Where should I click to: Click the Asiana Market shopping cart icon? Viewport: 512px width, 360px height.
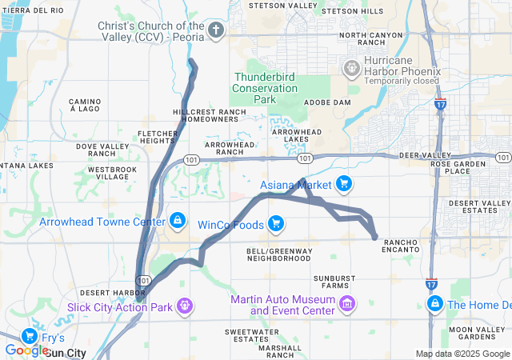click(344, 185)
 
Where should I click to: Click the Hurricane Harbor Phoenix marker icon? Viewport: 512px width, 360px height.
click(351, 68)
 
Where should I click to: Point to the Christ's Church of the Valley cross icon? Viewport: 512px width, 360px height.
click(215, 31)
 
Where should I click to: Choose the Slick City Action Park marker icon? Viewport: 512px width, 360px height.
click(185, 305)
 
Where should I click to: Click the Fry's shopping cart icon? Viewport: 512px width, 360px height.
click(30, 336)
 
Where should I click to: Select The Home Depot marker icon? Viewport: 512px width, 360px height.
click(435, 304)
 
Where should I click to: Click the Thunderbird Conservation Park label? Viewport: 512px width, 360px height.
click(265, 88)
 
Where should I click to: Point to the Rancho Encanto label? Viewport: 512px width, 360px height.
click(402, 245)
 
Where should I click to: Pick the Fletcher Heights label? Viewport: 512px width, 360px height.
click(157, 137)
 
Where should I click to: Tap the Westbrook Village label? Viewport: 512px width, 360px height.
click(113, 174)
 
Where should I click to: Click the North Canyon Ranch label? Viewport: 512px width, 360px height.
click(371, 39)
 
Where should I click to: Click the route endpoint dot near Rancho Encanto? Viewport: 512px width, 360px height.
click(375, 236)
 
